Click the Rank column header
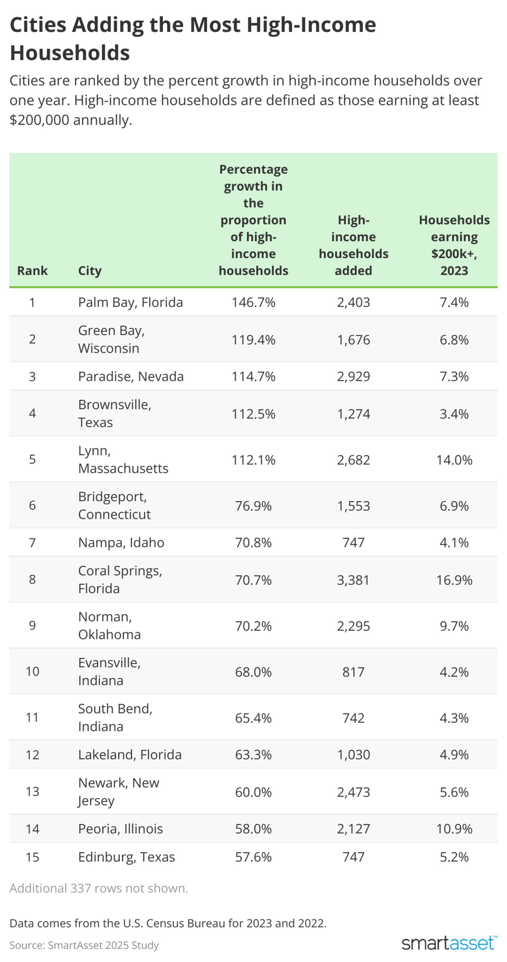[32, 270]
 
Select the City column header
[90, 270]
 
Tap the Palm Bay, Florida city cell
[130, 302]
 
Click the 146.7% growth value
[253, 302]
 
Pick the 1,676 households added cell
[353, 339]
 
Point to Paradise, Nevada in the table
[131, 376]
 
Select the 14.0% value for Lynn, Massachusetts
[454, 460]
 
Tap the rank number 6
[32, 505]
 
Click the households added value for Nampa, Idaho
[353, 542]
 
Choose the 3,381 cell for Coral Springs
[353, 580]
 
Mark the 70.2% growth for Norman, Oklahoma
[253, 626]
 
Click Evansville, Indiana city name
[109, 672]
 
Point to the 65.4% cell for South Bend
[253, 718]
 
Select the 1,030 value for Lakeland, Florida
[353, 754]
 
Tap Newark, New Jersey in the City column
[118, 791]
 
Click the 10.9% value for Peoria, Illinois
[454, 829]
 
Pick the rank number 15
[32, 857]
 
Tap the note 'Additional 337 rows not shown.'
[99, 888]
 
